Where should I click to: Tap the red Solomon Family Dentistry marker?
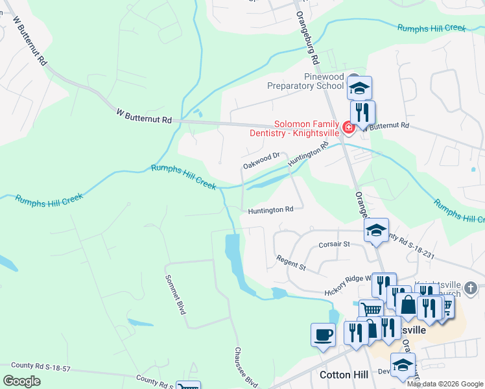348,127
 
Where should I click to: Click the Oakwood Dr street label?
261,160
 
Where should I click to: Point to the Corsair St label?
334,244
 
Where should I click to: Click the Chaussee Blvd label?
246,366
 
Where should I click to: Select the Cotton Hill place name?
344,375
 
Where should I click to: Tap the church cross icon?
471,287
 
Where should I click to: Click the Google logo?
21,381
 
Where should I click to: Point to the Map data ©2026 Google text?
445,384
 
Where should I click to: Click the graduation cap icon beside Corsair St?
376,230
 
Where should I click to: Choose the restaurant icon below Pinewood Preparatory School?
362,112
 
